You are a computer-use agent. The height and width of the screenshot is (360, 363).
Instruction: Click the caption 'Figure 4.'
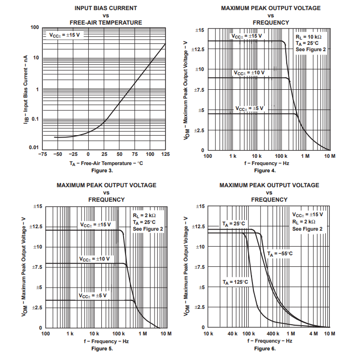[x=265, y=170]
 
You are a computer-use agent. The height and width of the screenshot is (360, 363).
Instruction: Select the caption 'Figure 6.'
[x=265, y=348]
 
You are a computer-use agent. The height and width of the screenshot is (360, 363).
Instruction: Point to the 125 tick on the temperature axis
[x=165, y=154]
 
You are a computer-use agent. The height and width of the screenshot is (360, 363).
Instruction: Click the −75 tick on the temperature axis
[x=42, y=154]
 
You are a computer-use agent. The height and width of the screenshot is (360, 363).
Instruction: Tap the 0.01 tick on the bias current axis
[x=33, y=147]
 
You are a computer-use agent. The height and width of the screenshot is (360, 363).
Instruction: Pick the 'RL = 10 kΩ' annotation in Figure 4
[x=307, y=36]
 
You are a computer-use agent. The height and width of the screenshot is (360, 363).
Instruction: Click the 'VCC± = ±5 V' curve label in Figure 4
[x=250, y=108]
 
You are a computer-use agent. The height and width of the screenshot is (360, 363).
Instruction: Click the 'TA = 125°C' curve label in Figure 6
[x=235, y=282]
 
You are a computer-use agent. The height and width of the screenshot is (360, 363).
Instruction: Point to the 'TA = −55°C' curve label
[x=280, y=253]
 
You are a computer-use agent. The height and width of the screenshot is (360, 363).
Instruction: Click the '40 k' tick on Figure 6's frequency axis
[x=233, y=334]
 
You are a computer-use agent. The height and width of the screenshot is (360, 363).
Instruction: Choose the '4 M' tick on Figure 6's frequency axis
[x=314, y=334]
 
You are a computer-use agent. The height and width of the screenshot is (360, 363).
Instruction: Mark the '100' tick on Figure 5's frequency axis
[x=46, y=334]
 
